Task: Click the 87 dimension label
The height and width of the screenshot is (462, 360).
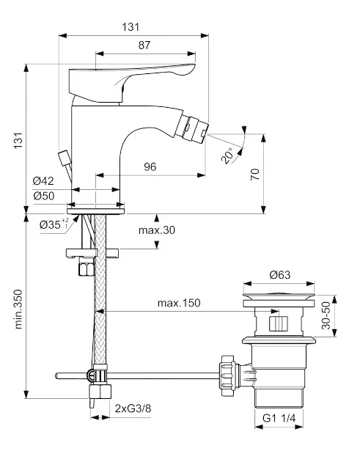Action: pyautogui.click(x=144, y=45)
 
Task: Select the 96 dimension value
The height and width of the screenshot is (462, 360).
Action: pyautogui.click(x=150, y=166)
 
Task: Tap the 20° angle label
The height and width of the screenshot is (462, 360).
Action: pyautogui.click(x=227, y=155)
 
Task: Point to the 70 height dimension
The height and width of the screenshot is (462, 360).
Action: pyautogui.click(x=255, y=175)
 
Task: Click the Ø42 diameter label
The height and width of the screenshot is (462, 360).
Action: pyautogui.click(x=43, y=180)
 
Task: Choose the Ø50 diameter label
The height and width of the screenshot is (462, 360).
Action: pyautogui.click(x=43, y=196)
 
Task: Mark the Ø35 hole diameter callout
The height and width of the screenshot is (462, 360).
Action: pyautogui.click(x=54, y=224)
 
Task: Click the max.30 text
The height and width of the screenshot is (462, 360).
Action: pyautogui.click(x=157, y=230)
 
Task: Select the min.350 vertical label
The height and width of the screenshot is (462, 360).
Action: pyautogui.click(x=18, y=309)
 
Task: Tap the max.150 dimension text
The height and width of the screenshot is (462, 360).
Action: pyautogui.click(x=179, y=303)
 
